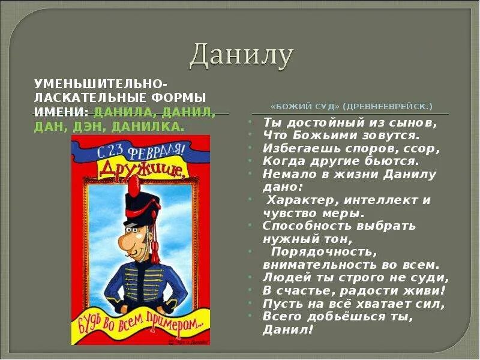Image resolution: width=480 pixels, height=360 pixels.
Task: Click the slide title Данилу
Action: point(241,56)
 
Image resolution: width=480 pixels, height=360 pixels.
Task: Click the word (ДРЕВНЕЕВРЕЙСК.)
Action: point(387,106)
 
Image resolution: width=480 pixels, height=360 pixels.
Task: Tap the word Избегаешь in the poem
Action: point(293,148)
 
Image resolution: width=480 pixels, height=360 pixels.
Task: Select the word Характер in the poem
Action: point(298,200)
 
